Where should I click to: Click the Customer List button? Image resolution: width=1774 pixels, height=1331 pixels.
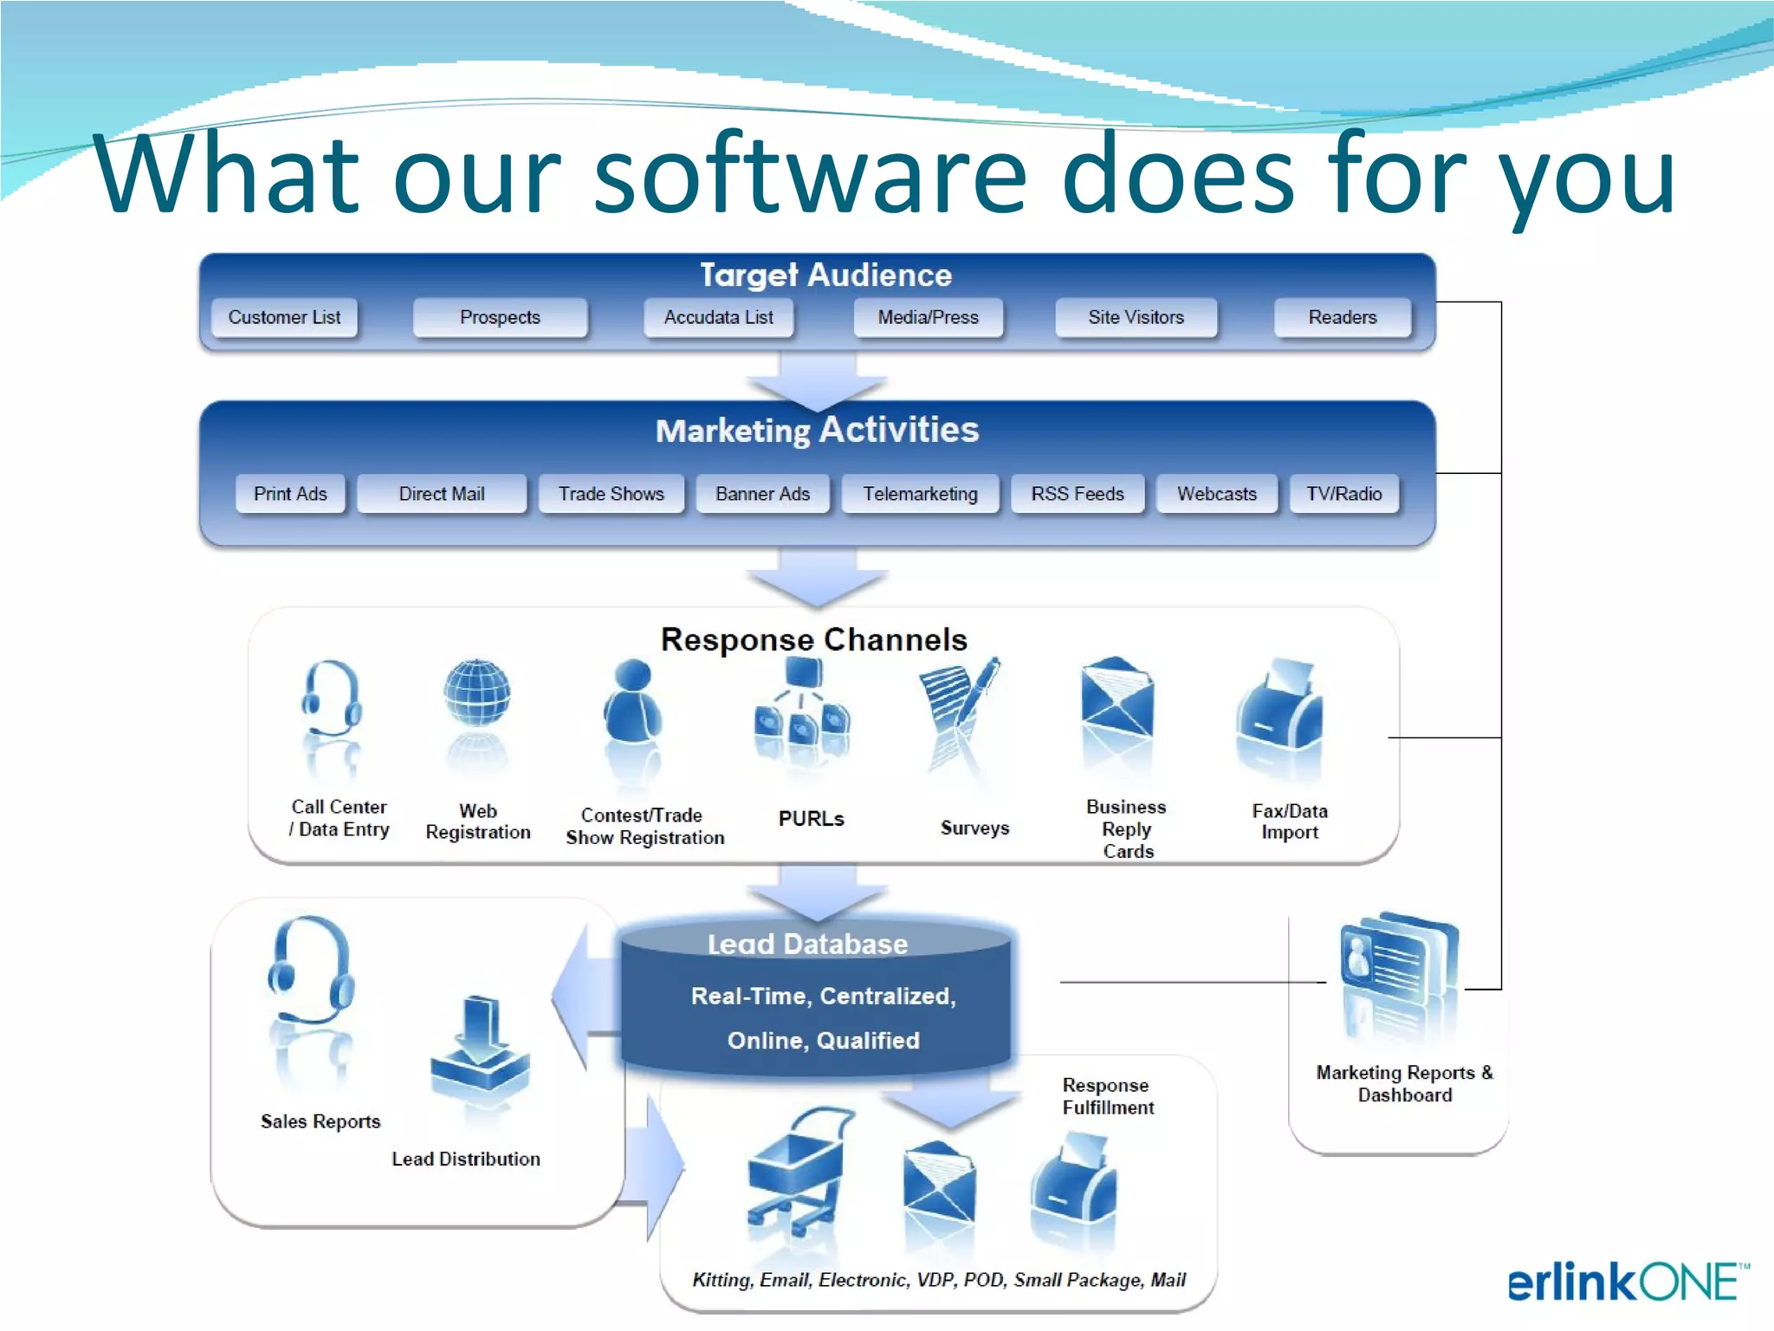284,317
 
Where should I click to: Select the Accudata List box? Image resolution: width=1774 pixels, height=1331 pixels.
718,317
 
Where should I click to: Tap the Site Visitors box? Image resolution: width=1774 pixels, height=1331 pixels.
1136,317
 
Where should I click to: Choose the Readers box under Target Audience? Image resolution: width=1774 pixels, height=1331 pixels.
1342,317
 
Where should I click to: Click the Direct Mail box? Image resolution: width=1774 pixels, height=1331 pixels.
441,494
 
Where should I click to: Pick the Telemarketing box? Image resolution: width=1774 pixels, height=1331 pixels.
920,494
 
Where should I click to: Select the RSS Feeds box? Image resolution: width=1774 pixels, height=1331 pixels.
1077,494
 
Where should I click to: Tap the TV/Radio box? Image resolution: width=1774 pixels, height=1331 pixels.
1343,494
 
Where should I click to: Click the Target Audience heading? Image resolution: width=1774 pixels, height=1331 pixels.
825,276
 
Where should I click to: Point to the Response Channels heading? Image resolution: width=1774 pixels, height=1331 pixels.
813,640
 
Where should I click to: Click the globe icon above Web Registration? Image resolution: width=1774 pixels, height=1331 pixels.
476,692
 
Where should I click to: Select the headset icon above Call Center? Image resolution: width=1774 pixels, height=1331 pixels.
331,698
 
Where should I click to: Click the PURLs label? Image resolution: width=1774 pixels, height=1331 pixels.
811,819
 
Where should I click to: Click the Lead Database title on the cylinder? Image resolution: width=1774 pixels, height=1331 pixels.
807,944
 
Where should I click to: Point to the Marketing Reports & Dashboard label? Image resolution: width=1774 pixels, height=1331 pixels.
1404,1084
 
